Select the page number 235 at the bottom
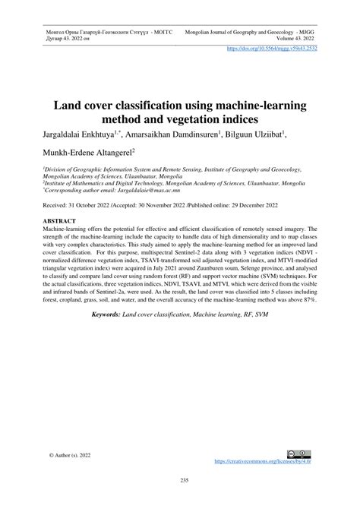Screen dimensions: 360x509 pos(180,480)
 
